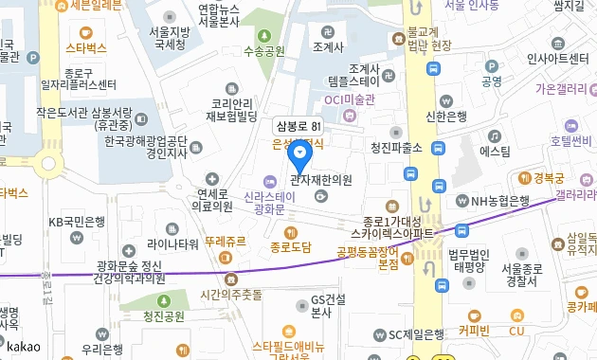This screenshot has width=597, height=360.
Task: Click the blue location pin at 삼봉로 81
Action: (x=300, y=153)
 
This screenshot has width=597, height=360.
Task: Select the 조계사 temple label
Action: (x=327, y=46)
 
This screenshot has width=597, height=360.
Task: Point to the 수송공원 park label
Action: (x=264, y=51)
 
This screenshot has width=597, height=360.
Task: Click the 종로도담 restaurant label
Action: (x=291, y=248)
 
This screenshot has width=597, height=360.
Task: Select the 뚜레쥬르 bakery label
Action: (x=225, y=242)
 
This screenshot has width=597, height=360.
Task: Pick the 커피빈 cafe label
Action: (x=473, y=331)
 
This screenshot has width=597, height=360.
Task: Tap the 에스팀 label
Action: (x=495, y=151)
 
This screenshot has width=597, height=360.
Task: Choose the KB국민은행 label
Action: (x=76, y=223)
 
